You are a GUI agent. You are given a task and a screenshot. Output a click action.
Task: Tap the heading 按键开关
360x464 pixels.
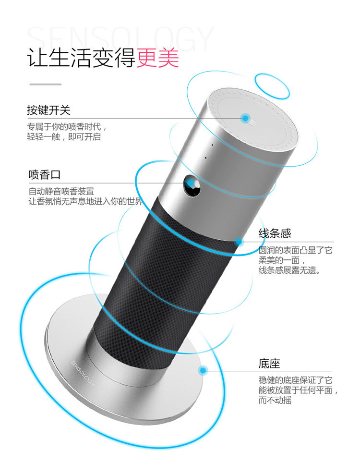click(x=48, y=110)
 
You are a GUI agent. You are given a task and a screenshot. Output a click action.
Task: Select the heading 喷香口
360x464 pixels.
click(x=45, y=174)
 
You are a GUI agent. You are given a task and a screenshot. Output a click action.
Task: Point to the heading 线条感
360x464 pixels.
click(x=275, y=234)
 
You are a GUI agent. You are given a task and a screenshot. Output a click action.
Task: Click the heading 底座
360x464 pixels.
click(x=269, y=364)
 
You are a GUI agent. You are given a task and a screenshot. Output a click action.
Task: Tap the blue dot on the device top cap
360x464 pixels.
click(x=246, y=118)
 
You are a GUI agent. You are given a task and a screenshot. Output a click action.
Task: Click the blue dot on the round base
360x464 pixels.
click(x=203, y=370)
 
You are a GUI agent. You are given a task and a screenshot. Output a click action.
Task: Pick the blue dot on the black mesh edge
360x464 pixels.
click(x=239, y=242)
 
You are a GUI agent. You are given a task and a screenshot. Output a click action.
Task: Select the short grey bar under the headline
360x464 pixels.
click(x=46, y=85)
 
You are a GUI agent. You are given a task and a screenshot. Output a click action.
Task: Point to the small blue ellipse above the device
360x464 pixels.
click(x=272, y=86)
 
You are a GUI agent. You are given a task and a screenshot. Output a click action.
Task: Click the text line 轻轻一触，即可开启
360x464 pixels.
click(x=64, y=137)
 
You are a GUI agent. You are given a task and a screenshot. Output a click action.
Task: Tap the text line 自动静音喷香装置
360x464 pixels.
click(x=61, y=191)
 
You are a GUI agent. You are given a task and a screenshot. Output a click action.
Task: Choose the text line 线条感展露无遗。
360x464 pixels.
click(x=290, y=270)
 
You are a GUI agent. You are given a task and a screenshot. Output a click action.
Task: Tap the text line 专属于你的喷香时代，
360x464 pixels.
click(x=67, y=127)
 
